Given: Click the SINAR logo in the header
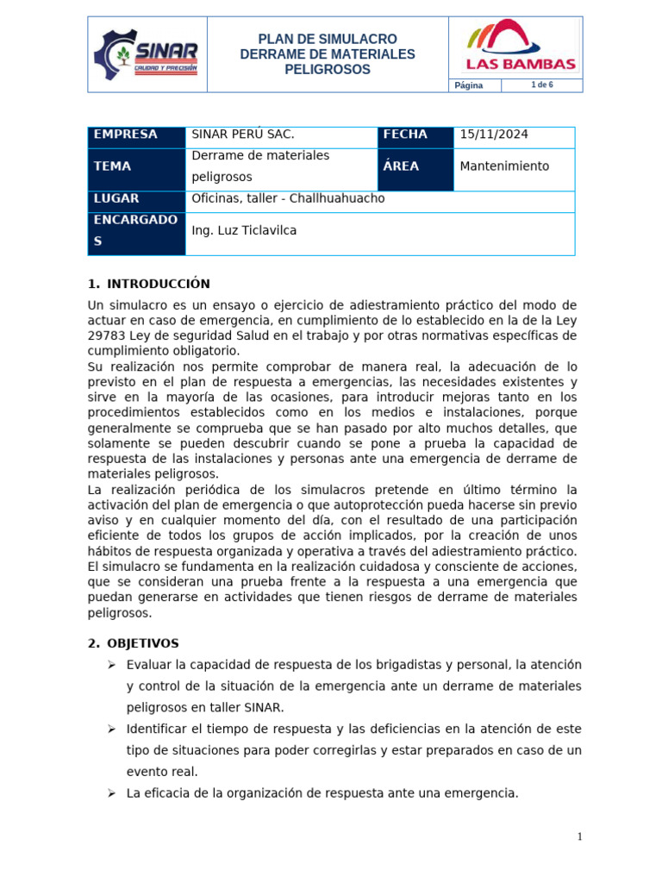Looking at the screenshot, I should pos(147,53).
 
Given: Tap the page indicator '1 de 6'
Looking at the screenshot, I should pos(541,84).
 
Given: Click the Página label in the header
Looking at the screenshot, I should pos(469,85).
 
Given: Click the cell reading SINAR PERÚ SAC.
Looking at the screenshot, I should pos(242,135).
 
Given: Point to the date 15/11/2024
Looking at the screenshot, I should pos(494,135).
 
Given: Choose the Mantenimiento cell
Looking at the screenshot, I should pos(504,166).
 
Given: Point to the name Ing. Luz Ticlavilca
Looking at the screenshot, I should pos(244,231).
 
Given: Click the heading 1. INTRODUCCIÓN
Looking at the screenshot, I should pos(149,284).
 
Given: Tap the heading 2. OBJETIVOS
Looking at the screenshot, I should pos(134,643).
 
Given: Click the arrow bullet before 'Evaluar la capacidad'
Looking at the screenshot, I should pos(111,665).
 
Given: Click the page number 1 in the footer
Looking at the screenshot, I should pos(580,836).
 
